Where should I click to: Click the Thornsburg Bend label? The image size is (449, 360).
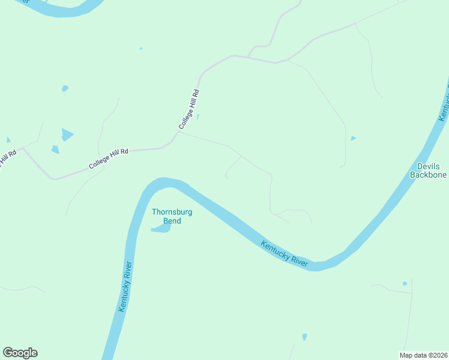[x=166, y=216]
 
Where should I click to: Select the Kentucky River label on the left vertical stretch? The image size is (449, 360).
[x=125, y=286]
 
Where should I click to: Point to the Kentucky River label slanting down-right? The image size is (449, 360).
[x=285, y=254]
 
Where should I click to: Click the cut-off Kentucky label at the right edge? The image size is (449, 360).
[x=443, y=105]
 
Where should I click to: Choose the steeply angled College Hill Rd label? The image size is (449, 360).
[x=188, y=109]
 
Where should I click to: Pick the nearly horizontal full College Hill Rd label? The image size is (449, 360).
[x=109, y=158]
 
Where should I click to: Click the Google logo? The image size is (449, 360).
[x=20, y=353]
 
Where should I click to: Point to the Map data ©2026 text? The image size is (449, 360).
[x=423, y=355]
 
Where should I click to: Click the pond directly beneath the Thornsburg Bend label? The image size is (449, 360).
[x=161, y=229]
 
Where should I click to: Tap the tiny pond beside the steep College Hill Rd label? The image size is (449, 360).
[x=198, y=117]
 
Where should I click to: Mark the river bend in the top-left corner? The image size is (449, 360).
[x=57, y=9]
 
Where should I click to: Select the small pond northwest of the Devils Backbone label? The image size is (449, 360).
[x=353, y=139]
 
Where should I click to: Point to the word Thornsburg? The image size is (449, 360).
[x=166, y=212]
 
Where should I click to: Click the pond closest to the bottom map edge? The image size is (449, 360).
[x=304, y=337]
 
